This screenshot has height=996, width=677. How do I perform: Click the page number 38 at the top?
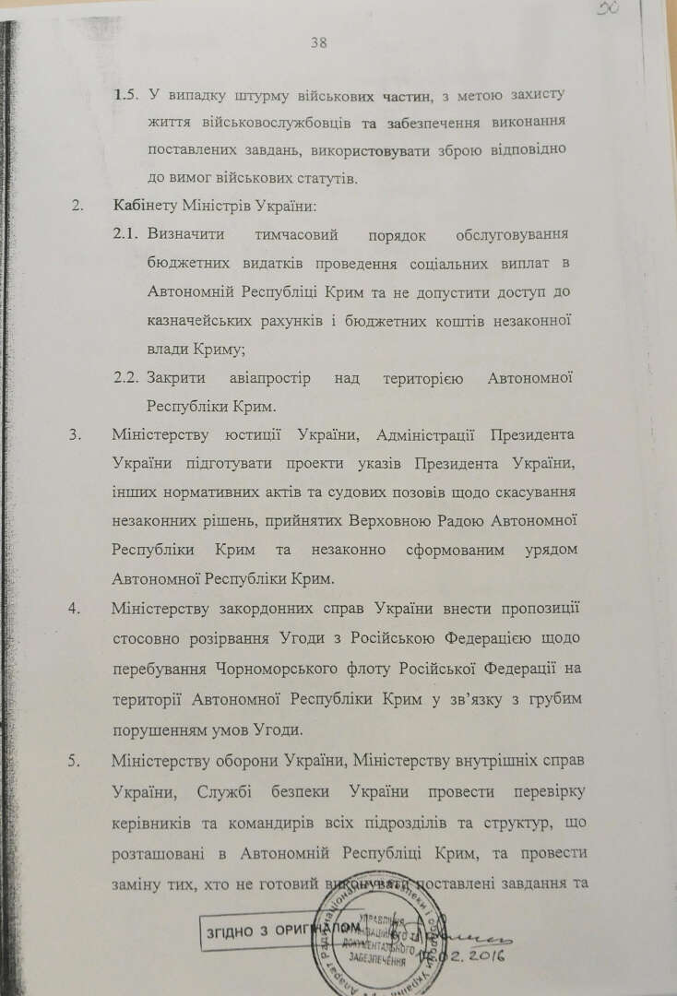coord(319,41)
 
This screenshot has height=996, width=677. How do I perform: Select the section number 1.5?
coord(125,95)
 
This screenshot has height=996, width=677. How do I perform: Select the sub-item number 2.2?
coord(125,378)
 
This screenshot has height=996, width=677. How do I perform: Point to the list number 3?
coord(77,434)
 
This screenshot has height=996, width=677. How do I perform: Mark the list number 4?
coord(77,609)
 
